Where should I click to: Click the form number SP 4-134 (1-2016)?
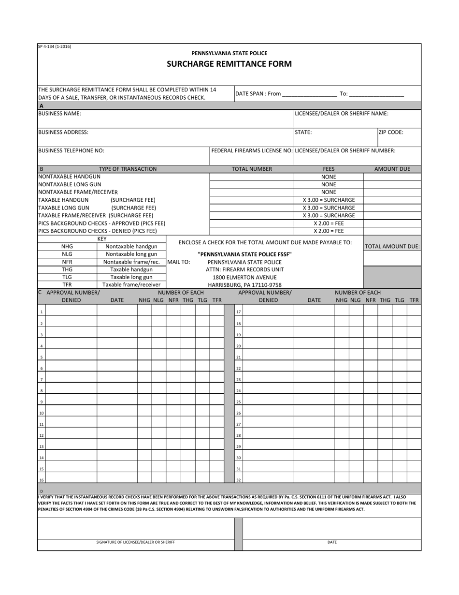55,46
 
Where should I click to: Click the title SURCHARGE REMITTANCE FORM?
229,64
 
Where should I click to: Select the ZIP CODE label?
390,132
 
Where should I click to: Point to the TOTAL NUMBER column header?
252,169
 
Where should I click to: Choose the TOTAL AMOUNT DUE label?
392,247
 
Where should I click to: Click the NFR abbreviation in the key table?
67,262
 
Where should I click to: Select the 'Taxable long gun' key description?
131,277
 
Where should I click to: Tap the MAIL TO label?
178,262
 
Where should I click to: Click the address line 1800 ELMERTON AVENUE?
244,278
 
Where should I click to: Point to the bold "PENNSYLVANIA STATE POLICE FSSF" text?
244,254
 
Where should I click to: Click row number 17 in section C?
238,312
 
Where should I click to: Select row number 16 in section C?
42,480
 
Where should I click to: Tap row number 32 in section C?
238,480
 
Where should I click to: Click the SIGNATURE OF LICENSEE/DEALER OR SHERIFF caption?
136,542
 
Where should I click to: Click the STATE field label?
303,132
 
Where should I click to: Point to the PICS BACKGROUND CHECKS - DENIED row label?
97,231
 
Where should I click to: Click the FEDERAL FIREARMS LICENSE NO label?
252,150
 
